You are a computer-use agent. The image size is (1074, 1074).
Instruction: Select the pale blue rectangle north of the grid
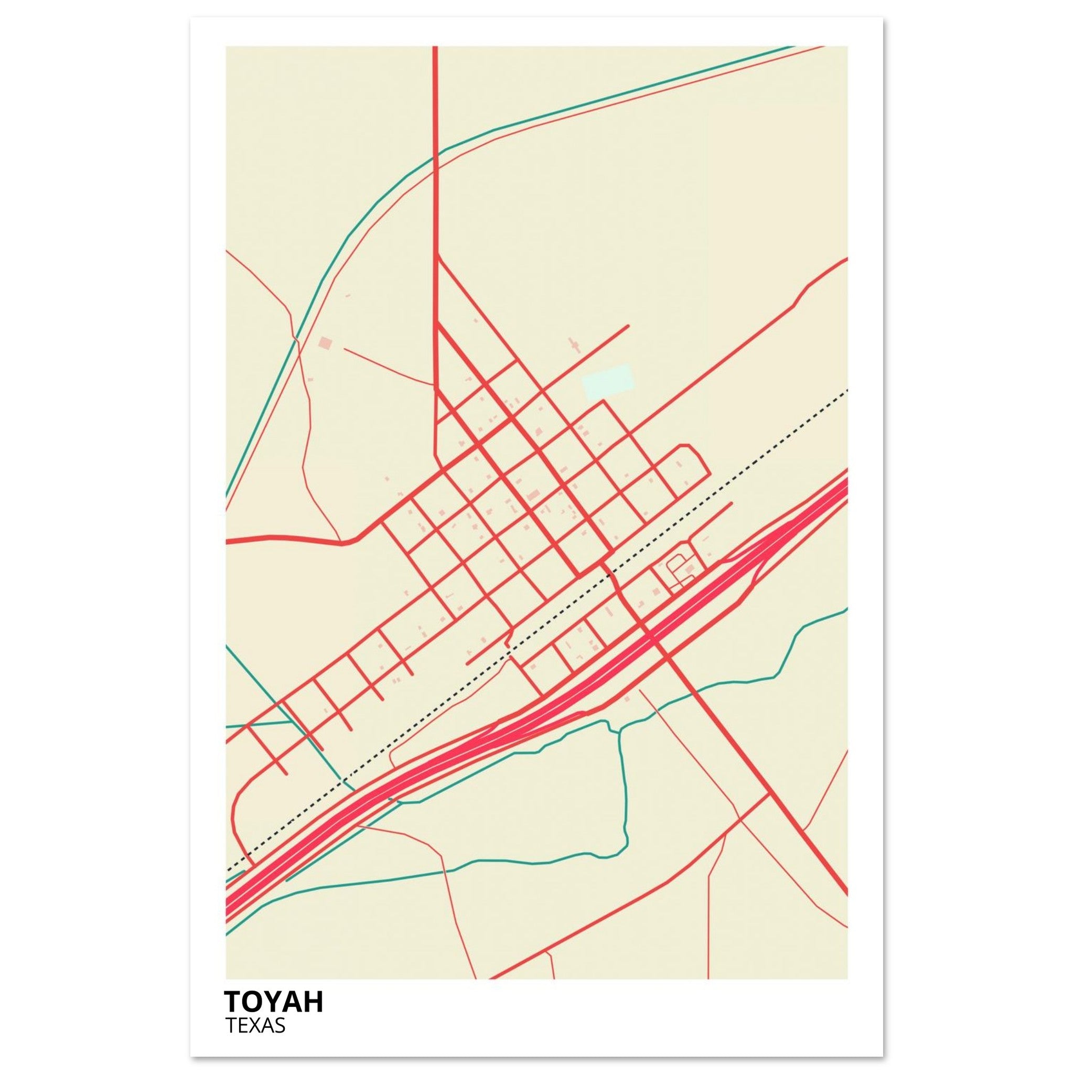pos(607,381)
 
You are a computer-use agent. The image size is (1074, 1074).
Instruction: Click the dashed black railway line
pos(723,481)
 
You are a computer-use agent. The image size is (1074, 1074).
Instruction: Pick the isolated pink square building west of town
pos(325,343)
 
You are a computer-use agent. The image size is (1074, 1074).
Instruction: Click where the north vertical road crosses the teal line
pos(435,157)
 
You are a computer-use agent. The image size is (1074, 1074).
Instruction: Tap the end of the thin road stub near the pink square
pos(345,349)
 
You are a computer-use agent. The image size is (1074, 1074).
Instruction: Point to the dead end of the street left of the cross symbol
pos(628,326)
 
